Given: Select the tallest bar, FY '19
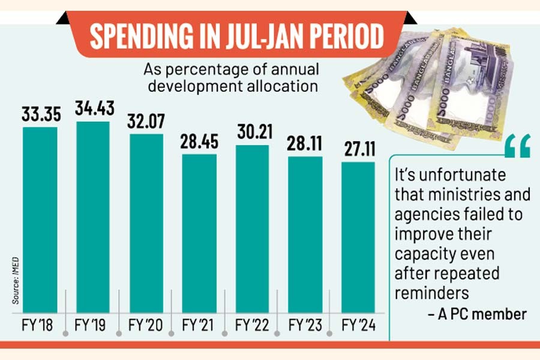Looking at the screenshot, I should click(93, 216).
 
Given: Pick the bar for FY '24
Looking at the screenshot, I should click(358, 237).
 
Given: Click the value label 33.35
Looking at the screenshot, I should click(40, 114).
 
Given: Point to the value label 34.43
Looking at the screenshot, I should click(93, 109).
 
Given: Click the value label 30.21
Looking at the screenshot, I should click(252, 133).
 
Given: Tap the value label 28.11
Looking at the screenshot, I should click(305, 144).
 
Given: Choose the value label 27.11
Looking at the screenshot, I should click(358, 149).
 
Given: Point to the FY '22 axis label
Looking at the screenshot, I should click(252, 326).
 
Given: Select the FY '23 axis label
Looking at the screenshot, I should click(305, 326).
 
